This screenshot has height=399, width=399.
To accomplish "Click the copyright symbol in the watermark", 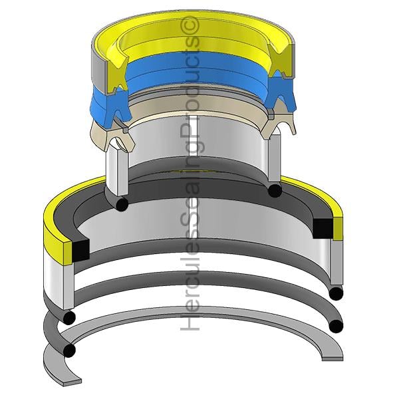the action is (x=190, y=25).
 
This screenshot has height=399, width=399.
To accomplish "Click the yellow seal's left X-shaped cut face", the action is (x=117, y=74).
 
